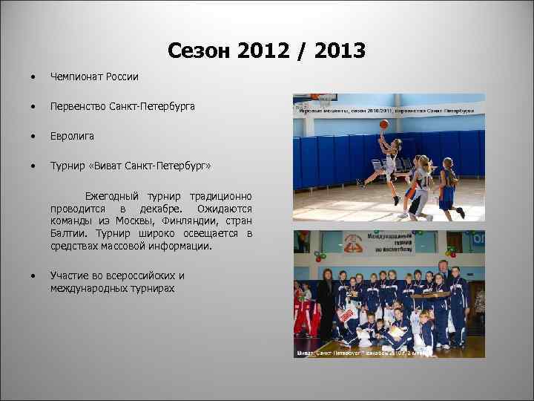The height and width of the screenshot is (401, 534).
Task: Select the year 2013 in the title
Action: click(x=340, y=50)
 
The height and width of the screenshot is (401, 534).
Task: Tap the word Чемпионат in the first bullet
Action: click(x=76, y=76)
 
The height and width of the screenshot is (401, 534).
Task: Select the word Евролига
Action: click(x=72, y=137)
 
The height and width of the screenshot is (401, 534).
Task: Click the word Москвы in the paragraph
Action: click(x=142, y=221)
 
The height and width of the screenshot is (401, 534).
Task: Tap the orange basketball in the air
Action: click(x=384, y=124)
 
